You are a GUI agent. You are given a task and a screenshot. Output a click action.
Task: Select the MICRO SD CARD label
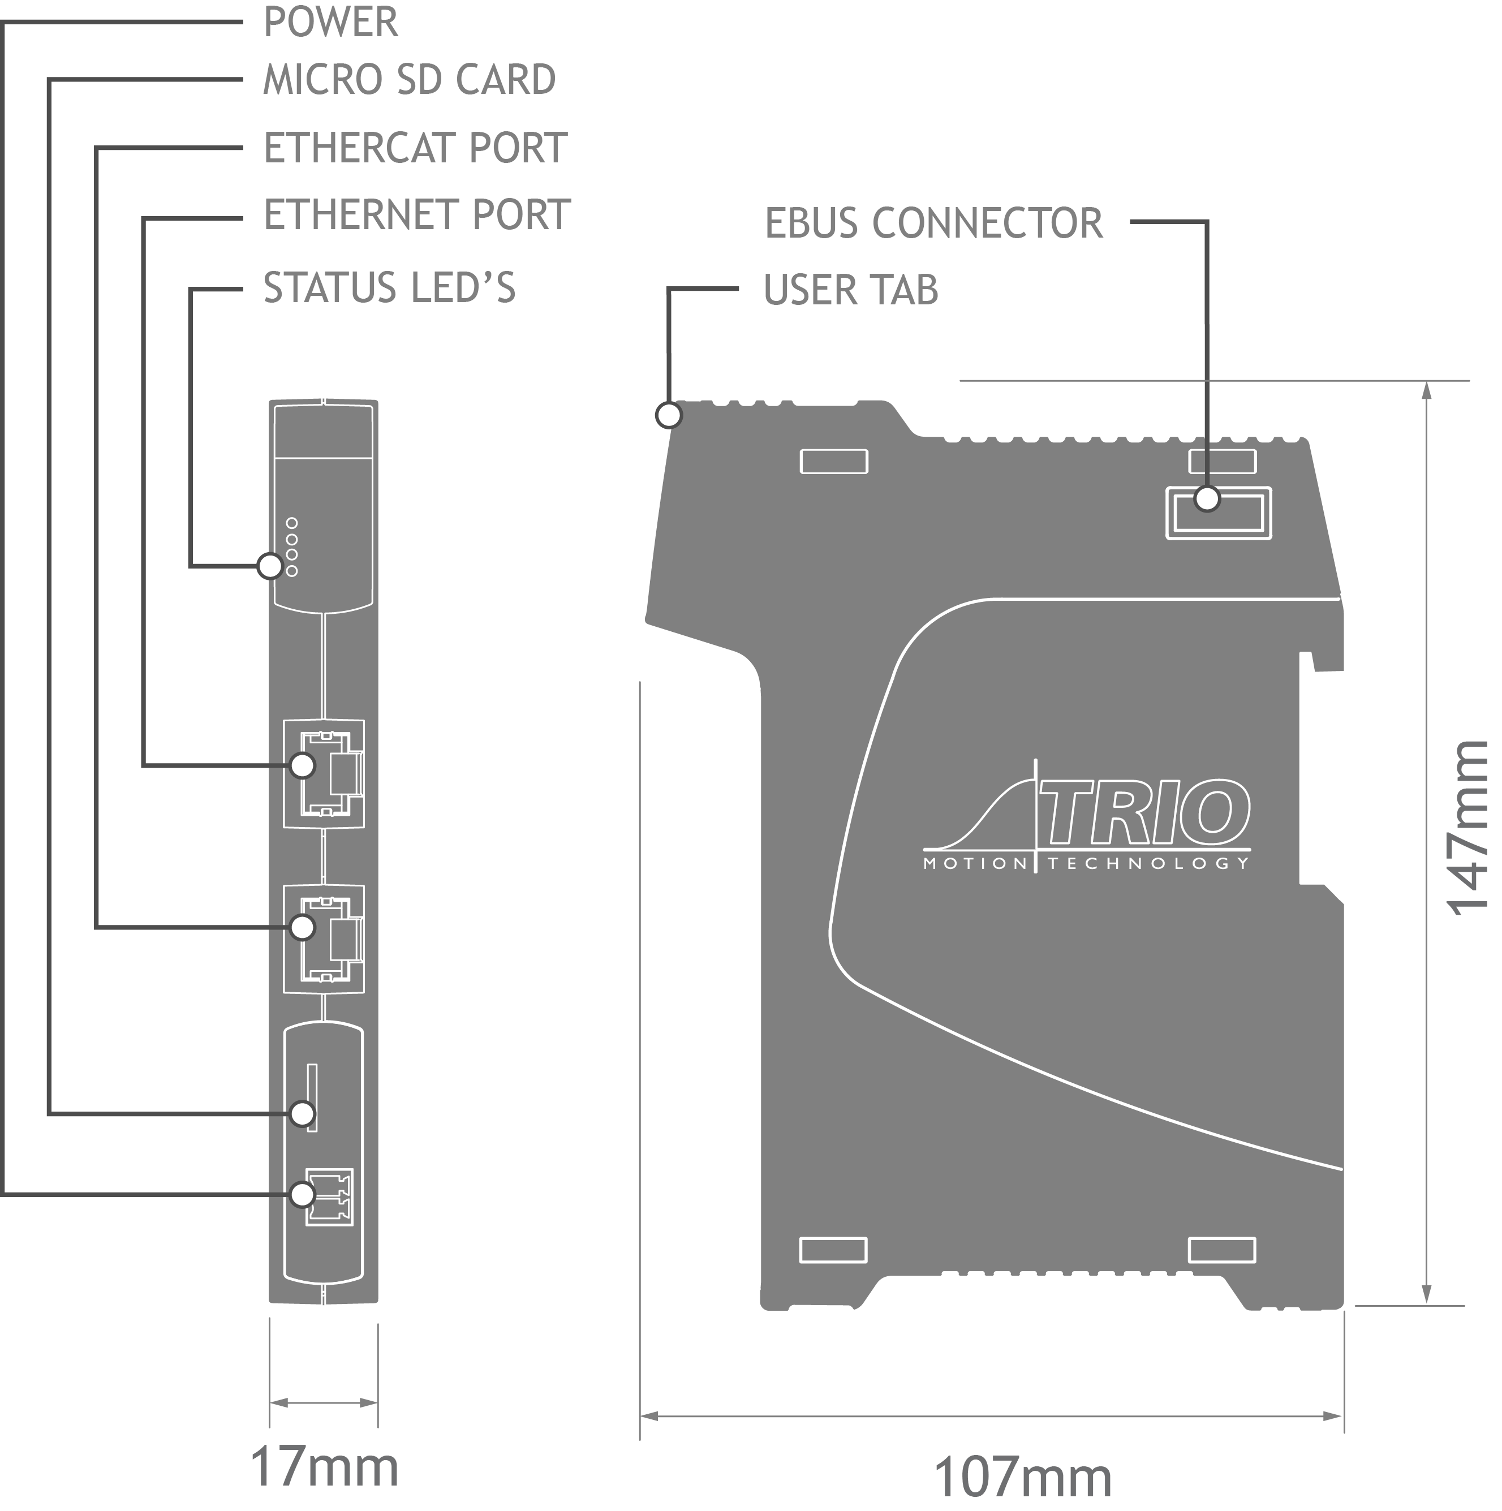[x=408, y=80]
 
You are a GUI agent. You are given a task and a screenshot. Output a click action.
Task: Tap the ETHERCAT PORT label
[x=415, y=148]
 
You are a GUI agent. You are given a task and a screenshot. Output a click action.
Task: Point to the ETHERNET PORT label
[x=416, y=215]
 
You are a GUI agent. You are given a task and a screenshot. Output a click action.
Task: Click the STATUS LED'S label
[x=389, y=288]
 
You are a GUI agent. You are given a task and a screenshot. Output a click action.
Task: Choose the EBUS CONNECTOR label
[x=933, y=223]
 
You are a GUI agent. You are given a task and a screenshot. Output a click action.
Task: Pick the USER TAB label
[x=850, y=290]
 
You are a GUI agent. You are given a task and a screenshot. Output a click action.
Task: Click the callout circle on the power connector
[x=302, y=1195]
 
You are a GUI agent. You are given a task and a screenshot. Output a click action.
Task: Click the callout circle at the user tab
[x=668, y=415]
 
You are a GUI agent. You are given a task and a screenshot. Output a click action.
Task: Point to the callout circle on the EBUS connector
[x=1207, y=498]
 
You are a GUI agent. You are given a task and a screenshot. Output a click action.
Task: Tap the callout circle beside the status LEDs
[x=270, y=566]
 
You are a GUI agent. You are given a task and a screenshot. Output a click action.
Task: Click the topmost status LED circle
[x=292, y=523]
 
